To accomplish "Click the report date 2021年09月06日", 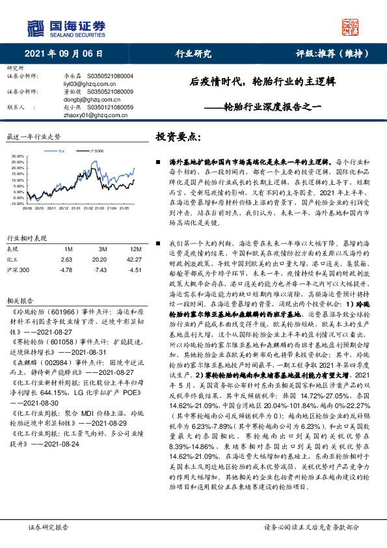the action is point(64,54).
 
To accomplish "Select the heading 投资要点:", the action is point(178,137).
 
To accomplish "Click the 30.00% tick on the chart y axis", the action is point(18,156).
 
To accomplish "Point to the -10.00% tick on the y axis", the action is point(17,203).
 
